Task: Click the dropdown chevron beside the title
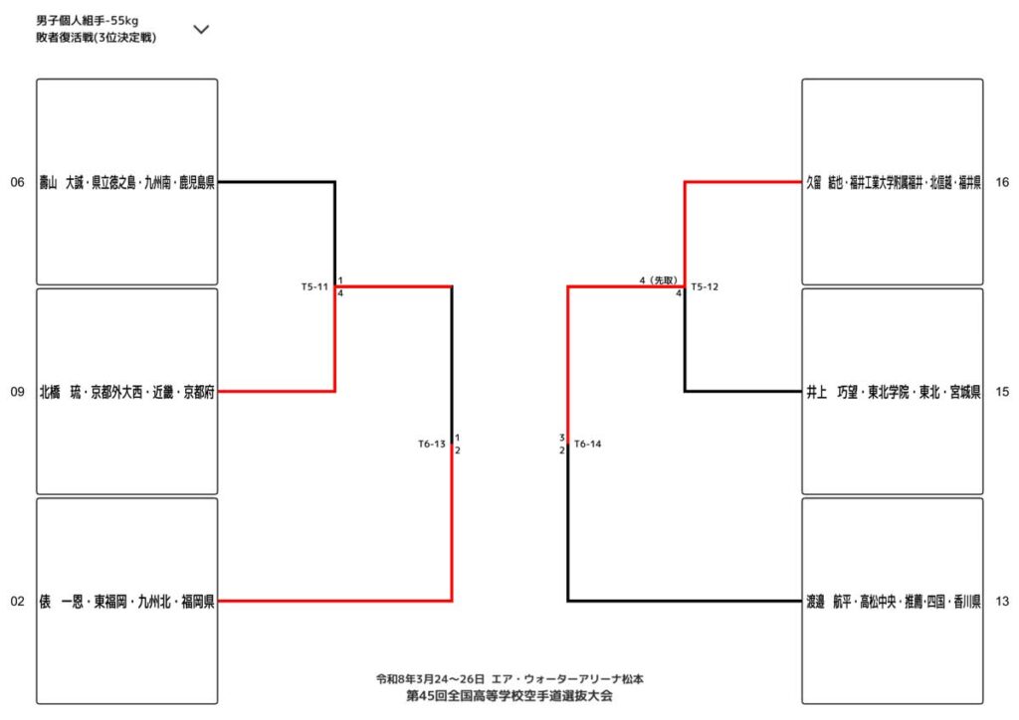(x=201, y=29)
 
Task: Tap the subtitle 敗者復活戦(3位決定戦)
(x=96, y=38)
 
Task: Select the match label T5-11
(x=314, y=286)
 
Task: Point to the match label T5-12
(x=705, y=286)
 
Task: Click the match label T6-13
(x=432, y=444)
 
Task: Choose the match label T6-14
(x=588, y=444)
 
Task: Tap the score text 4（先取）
(x=659, y=279)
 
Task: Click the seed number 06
(x=17, y=182)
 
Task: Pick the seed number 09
(x=17, y=392)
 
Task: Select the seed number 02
(x=17, y=601)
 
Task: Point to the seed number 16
(x=1001, y=182)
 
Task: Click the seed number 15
(x=1001, y=392)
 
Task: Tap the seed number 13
(x=1001, y=601)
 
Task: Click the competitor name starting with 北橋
(x=127, y=392)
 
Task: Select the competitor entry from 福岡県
(x=127, y=601)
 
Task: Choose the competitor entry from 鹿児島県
(x=127, y=182)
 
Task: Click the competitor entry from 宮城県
(x=893, y=392)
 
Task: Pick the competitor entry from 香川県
(x=893, y=601)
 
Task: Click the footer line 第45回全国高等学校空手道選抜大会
(x=509, y=695)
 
